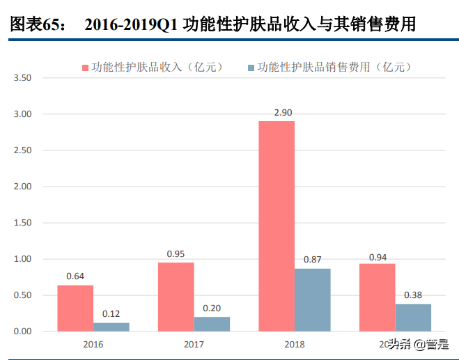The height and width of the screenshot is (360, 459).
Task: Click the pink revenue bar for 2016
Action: pyautogui.click(x=75, y=308)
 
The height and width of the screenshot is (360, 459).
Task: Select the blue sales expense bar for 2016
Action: pyautogui.click(x=111, y=327)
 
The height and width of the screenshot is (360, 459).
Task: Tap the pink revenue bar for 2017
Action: pyautogui.click(x=176, y=297)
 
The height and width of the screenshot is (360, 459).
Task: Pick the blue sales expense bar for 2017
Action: pyautogui.click(x=212, y=324)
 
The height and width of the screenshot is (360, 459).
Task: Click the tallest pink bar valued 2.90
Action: pyautogui.click(x=277, y=226)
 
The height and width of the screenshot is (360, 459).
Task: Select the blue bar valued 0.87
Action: pyautogui.click(x=313, y=299)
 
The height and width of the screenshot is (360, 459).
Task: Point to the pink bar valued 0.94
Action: pyautogui.click(x=377, y=297)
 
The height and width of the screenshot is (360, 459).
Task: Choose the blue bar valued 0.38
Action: pyautogui.click(x=413, y=318)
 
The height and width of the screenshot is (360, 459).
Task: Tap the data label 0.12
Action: pyautogui.click(x=111, y=313)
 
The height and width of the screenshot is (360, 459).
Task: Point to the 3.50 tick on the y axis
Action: pyautogui.click(x=22, y=78)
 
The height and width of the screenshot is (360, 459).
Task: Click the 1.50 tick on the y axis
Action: pyautogui.click(x=22, y=223)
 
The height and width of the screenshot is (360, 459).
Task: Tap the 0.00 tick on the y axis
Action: pyautogui.click(x=22, y=331)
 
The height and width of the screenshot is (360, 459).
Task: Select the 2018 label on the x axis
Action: pyautogui.click(x=294, y=344)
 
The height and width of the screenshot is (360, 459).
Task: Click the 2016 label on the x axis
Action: pyautogui.click(x=93, y=344)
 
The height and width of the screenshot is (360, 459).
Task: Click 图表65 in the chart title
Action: pyautogui.click(x=36, y=25)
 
